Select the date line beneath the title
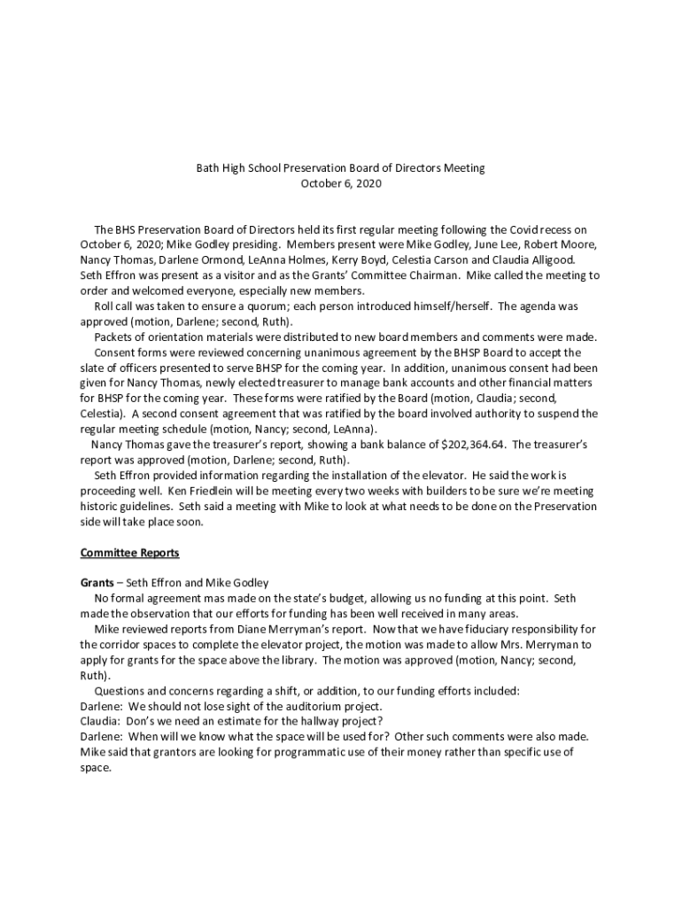pos(341,183)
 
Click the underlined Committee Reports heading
pos(129,553)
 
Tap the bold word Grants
pos(98,583)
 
